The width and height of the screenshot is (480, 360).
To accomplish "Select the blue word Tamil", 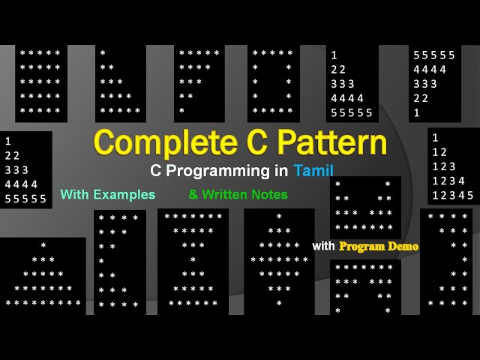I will (313, 171).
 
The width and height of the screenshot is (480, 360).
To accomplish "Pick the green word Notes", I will (271, 194).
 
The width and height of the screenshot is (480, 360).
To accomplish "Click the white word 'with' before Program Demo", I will (324, 246).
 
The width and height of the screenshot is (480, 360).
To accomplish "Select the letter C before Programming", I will (156, 171).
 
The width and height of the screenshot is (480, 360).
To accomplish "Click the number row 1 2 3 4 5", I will (452, 195).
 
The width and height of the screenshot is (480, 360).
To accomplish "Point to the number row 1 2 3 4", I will (448, 181).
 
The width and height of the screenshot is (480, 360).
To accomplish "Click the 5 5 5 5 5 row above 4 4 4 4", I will (434, 55).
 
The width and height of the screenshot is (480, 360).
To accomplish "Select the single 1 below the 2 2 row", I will (416, 112).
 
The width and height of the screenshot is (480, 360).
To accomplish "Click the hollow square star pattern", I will (273, 82).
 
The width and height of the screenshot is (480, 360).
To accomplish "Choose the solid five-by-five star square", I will (41, 82).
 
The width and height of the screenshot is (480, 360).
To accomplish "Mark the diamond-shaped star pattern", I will (279, 260).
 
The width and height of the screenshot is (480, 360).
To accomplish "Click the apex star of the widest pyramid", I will (43, 245).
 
